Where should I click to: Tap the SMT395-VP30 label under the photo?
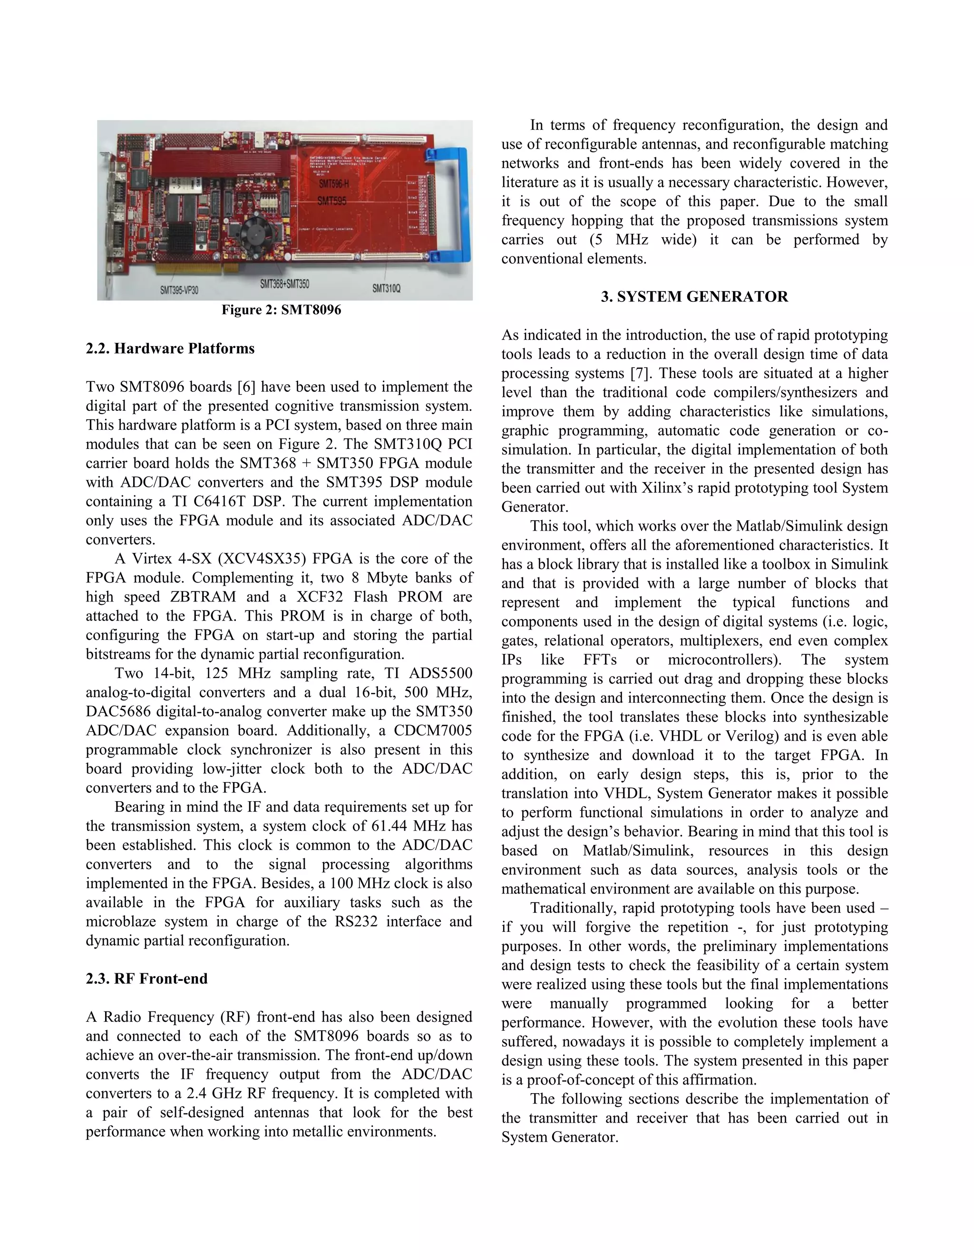179,290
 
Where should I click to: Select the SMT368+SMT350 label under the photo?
284,284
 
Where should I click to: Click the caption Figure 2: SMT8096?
282,310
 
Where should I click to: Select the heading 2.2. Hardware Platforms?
170,349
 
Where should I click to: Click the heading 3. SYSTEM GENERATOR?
694,297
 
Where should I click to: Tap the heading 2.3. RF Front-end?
146,979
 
